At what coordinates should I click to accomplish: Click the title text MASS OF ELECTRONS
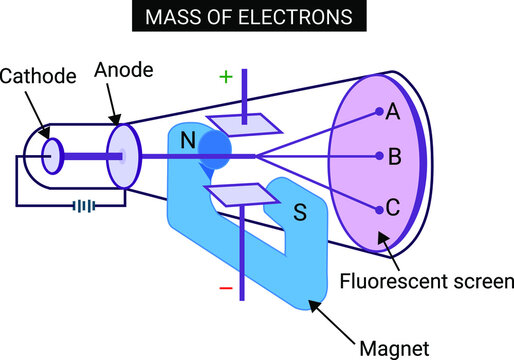pyautogui.click(x=257, y=18)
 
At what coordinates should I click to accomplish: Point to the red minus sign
pyautogui.click(x=226, y=288)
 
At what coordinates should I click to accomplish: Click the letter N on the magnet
pyautogui.click(x=188, y=142)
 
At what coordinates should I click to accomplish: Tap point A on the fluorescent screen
pyautogui.click(x=392, y=112)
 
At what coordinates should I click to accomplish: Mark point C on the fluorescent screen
pyautogui.click(x=392, y=209)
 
